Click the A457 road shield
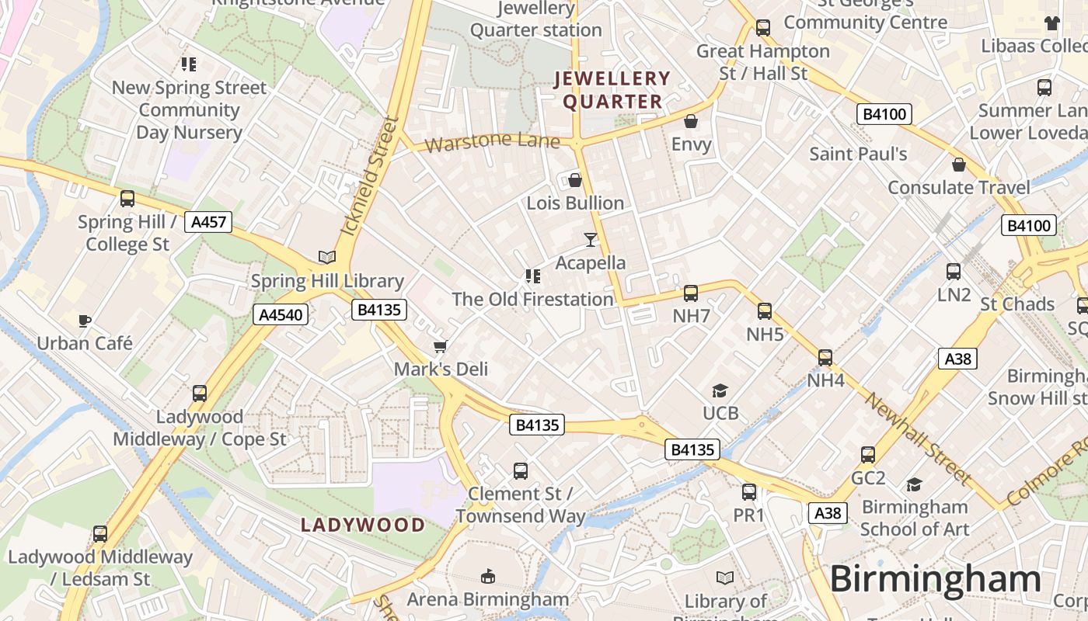209,223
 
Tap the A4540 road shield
281,314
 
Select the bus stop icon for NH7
691,293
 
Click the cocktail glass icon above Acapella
591,240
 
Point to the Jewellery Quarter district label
612,90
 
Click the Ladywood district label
363,525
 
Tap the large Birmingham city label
935,580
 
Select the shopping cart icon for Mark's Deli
441,346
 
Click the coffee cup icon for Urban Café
85,321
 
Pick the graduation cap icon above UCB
720,390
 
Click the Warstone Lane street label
492,142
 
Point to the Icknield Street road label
369,177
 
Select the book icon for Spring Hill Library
327,258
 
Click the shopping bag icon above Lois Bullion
575,181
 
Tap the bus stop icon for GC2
868,455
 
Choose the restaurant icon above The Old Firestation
533,276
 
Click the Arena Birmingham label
488,599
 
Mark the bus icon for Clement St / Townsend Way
521,471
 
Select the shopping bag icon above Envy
691,121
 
